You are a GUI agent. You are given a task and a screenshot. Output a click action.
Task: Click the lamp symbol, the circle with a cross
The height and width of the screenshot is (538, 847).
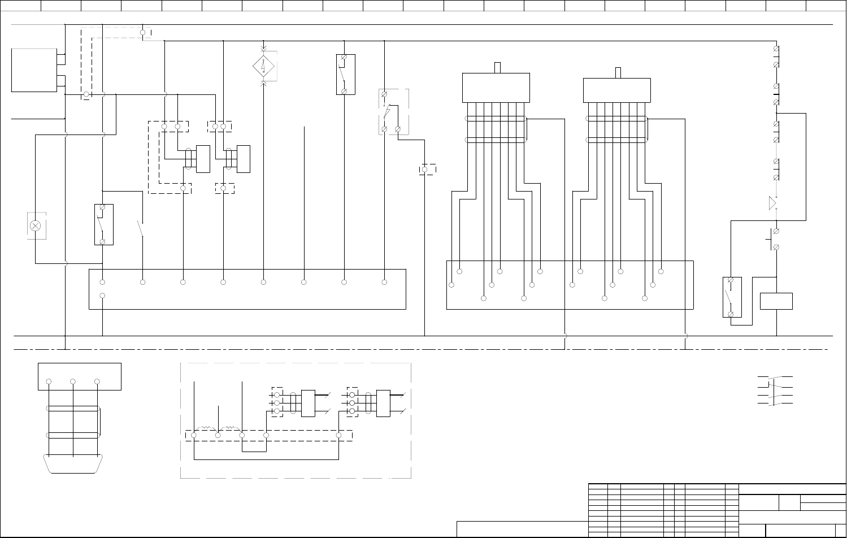tap(35, 226)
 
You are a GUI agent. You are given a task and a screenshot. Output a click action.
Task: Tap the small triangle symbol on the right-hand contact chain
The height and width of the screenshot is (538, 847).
tap(772, 203)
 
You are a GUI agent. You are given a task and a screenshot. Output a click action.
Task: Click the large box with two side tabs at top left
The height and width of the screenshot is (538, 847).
tap(34, 70)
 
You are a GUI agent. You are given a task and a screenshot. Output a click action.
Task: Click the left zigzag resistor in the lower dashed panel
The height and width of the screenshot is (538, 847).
tap(206, 429)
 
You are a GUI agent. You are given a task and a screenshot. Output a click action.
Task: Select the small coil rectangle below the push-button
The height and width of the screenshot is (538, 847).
tap(776, 301)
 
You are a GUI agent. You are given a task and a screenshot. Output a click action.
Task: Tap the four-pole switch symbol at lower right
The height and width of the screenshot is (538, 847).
tap(775, 390)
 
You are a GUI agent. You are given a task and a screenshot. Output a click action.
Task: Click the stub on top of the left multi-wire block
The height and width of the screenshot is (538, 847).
tap(497, 68)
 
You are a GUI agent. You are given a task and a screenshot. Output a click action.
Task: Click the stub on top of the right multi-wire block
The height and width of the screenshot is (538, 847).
tap(618, 72)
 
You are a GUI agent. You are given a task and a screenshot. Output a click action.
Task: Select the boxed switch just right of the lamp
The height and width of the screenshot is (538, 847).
tap(103, 224)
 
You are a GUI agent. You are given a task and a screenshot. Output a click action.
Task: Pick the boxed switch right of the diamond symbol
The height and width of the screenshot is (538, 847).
tap(345, 74)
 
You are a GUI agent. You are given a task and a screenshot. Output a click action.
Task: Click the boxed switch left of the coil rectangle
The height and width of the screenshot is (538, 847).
tap(732, 297)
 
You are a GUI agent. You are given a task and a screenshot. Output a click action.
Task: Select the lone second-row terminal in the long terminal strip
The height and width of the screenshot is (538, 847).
tap(102, 296)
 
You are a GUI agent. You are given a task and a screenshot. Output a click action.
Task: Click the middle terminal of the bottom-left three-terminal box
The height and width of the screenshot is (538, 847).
tap(73, 382)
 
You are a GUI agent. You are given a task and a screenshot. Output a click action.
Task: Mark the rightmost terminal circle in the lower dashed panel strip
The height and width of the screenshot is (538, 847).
tap(339, 435)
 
